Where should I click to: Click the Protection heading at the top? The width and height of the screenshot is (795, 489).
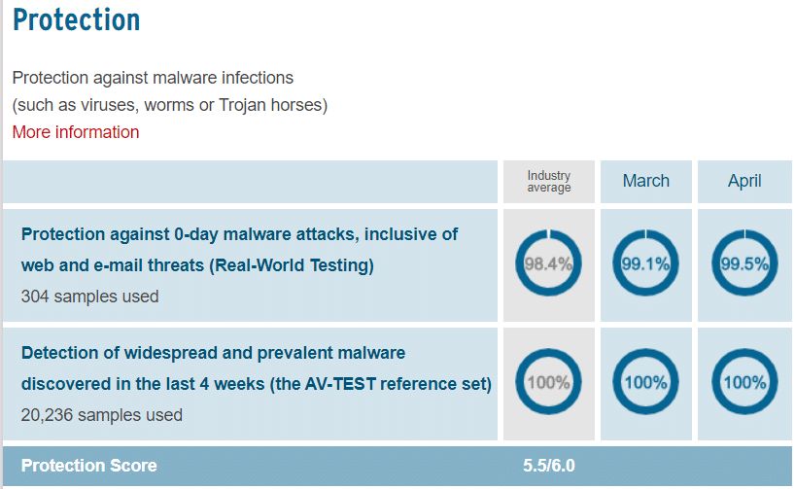click(x=76, y=20)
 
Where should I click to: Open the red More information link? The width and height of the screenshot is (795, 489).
click(x=76, y=132)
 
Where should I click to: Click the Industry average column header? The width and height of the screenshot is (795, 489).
click(x=548, y=181)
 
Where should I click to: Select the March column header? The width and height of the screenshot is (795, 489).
click(x=646, y=181)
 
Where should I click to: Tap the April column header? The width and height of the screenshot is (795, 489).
click(x=744, y=181)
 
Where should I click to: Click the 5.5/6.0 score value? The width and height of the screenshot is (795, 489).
click(x=549, y=465)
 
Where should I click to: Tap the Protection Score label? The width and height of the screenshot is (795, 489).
click(x=88, y=465)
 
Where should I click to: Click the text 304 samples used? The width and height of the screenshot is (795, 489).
click(x=89, y=297)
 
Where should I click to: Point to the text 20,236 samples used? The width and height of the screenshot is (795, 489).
click(x=101, y=415)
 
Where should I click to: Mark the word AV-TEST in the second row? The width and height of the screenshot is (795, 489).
click(x=341, y=384)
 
